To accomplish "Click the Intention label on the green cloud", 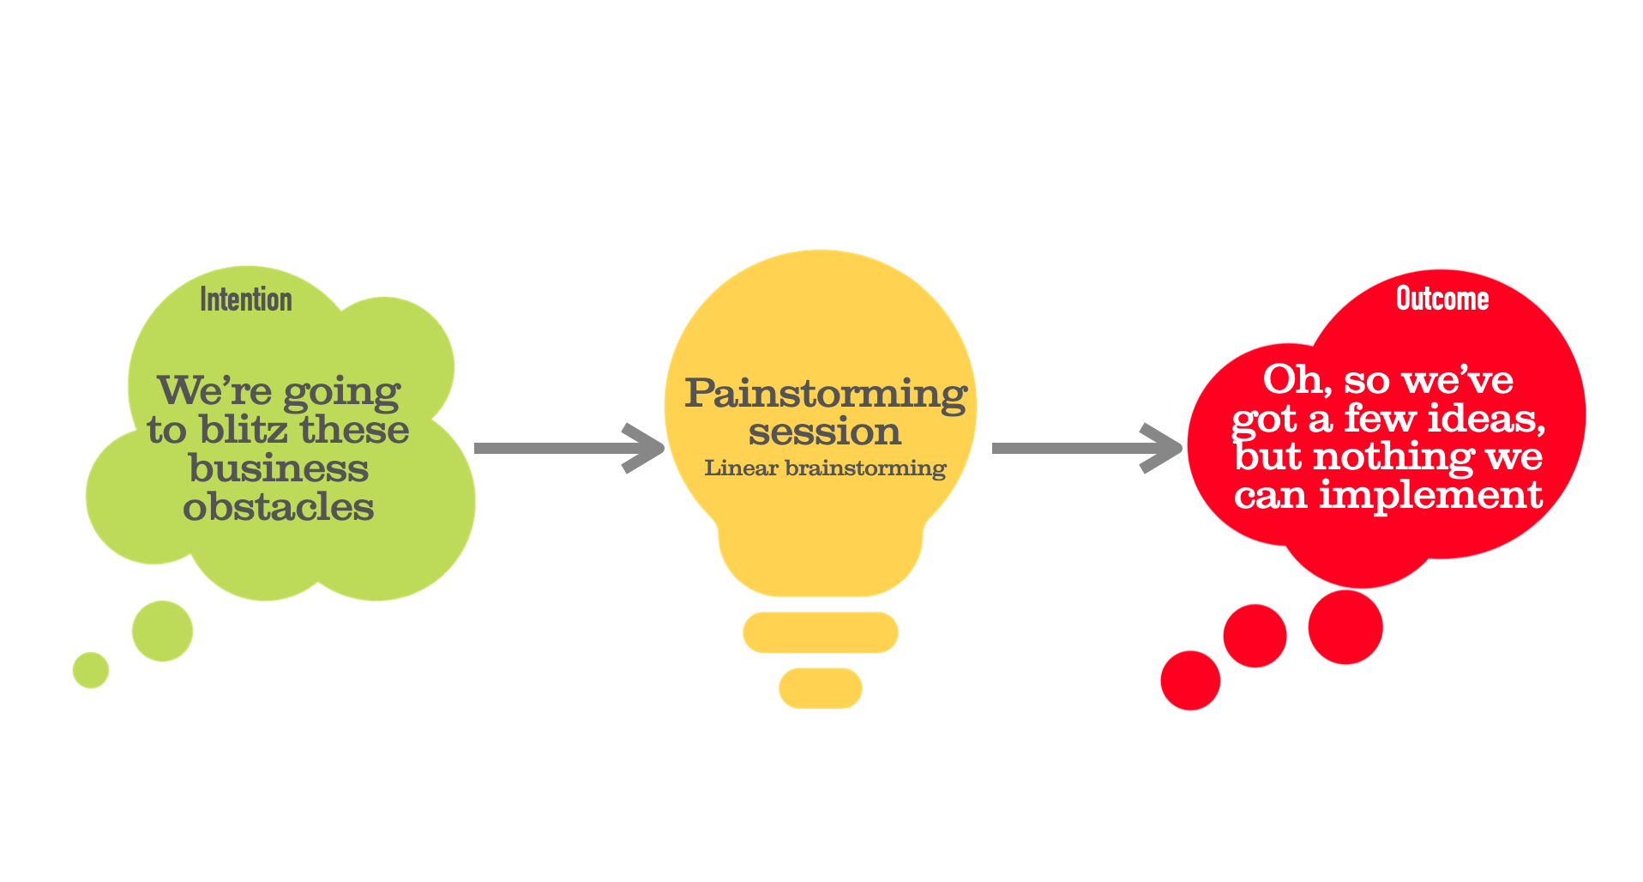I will (x=246, y=299).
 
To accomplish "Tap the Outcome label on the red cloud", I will (x=1442, y=299).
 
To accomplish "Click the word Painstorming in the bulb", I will (x=826, y=394).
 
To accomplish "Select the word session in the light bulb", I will (x=824, y=432).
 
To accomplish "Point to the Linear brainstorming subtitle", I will (x=825, y=468).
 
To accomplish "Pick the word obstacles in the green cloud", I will (x=279, y=506).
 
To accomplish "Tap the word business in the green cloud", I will (x=279, y=468).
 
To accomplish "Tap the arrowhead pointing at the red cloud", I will (x=1163, y=448).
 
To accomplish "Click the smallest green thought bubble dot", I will (x=91, y=670).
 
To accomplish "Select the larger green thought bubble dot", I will (x=162, y=631).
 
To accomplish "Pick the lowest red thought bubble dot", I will (x=1190, y=680).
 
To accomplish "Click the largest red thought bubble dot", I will (x=1345, y=627).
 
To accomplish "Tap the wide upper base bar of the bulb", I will (x=821, y=632).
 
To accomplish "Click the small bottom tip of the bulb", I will (x=821, y=687).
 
